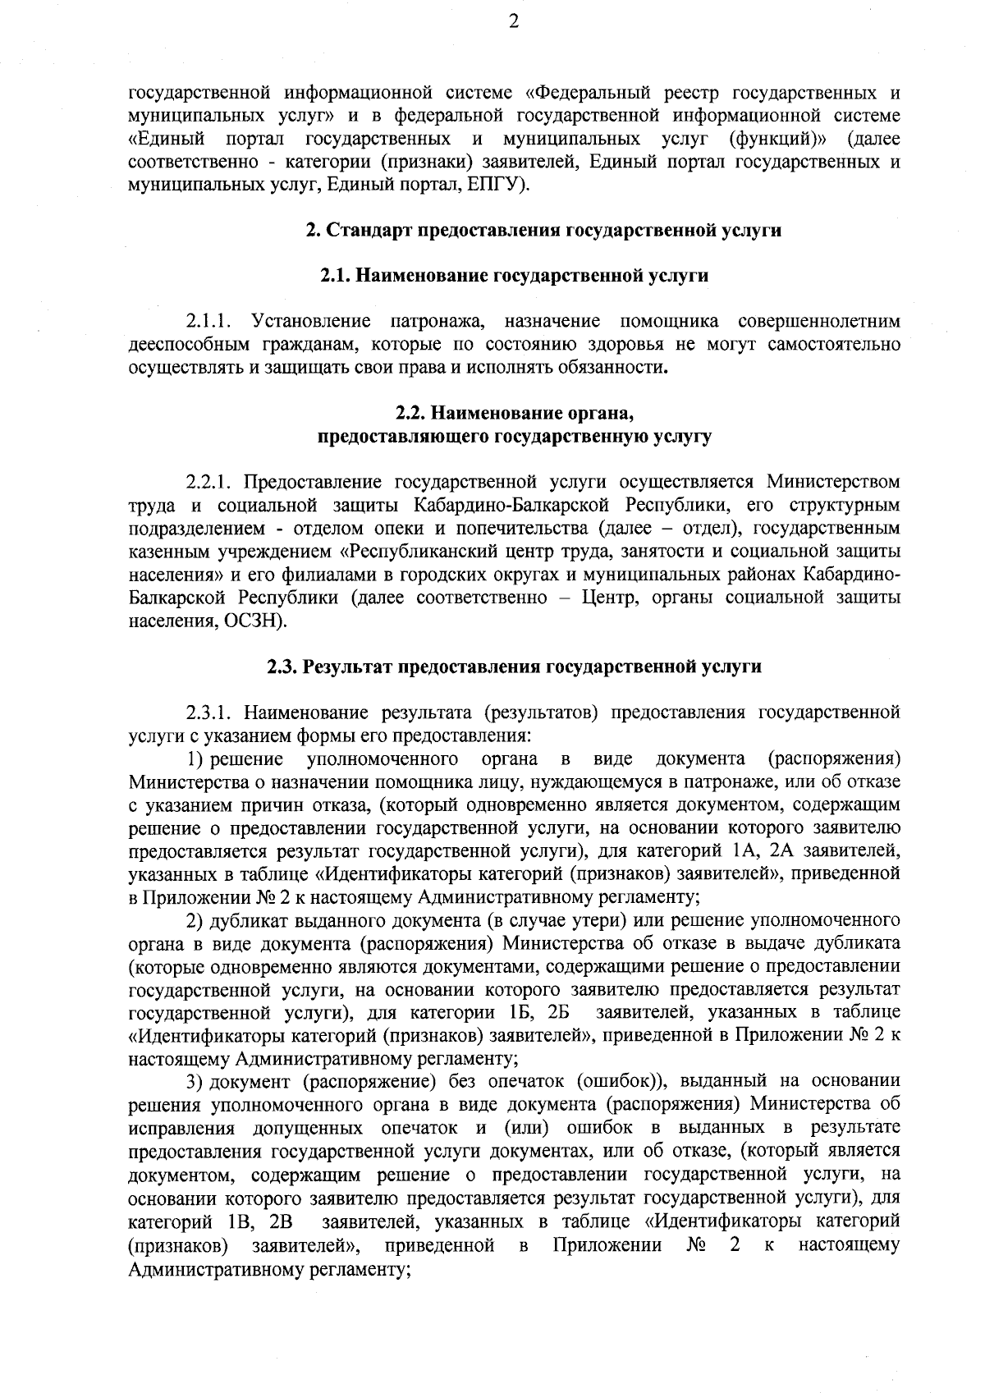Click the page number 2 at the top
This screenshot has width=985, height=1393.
tap(514, 23)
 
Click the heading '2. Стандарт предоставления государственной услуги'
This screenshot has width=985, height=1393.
tap(543, 231)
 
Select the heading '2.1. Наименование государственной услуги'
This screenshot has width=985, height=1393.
tap(514, 276)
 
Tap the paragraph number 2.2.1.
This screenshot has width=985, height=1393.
tap(211, 481)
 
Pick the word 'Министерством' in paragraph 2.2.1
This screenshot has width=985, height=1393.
tap(833, 481)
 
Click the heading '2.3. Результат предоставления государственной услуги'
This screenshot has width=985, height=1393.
tap(514, 667)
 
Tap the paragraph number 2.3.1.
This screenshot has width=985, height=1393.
tap(211, 711)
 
